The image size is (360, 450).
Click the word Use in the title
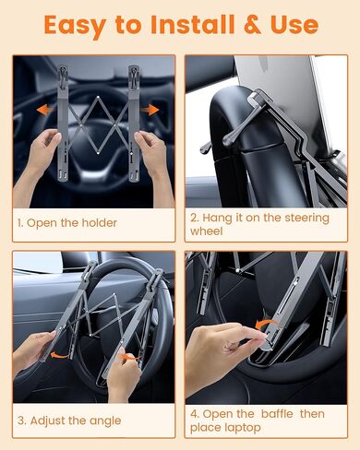(x=294, y=24)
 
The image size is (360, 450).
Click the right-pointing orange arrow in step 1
(x=152, y=111)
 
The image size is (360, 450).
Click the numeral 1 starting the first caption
(x=19, y=223)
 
